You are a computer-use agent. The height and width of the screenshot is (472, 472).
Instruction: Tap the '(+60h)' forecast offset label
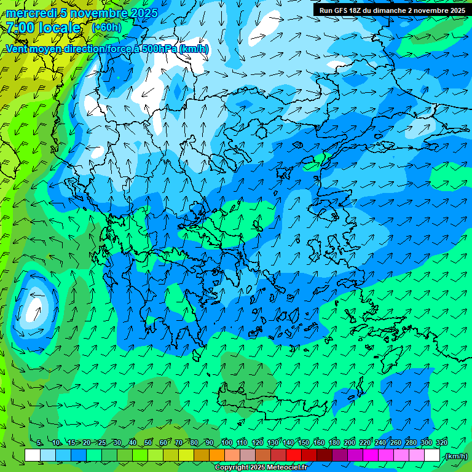coord(106,27)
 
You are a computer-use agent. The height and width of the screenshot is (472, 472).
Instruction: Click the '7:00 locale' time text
coord(43,28)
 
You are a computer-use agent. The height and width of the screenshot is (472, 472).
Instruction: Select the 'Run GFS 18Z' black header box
coord(392,10)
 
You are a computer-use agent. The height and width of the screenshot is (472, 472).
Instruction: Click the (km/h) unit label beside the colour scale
coord(455,456)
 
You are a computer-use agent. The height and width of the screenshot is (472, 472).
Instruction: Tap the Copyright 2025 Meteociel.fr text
coord(261,468)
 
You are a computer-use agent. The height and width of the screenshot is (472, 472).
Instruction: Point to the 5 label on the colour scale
coord(39,443)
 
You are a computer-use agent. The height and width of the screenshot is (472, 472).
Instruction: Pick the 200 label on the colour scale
coord(350,443)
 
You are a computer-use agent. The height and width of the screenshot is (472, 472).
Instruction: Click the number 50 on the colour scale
coord(147,443)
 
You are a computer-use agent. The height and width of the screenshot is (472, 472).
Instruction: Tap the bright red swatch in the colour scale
coord(294,455)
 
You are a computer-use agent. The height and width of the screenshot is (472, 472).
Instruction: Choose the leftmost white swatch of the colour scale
coord(33,455)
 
